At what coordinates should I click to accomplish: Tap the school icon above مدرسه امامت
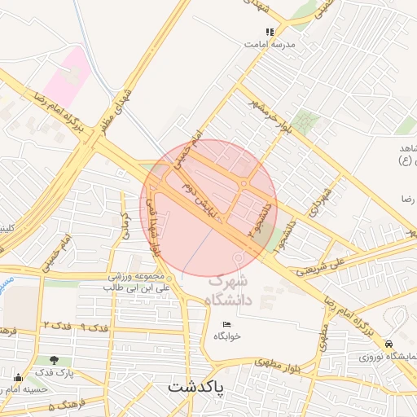click(x=270, y=33)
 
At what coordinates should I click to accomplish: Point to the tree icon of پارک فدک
click(x=54, y=359)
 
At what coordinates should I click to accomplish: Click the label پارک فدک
click(x=54, y=372)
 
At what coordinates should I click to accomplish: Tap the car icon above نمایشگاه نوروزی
click(x=391, y=345)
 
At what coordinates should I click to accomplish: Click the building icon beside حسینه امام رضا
click(x=18, y=377)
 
